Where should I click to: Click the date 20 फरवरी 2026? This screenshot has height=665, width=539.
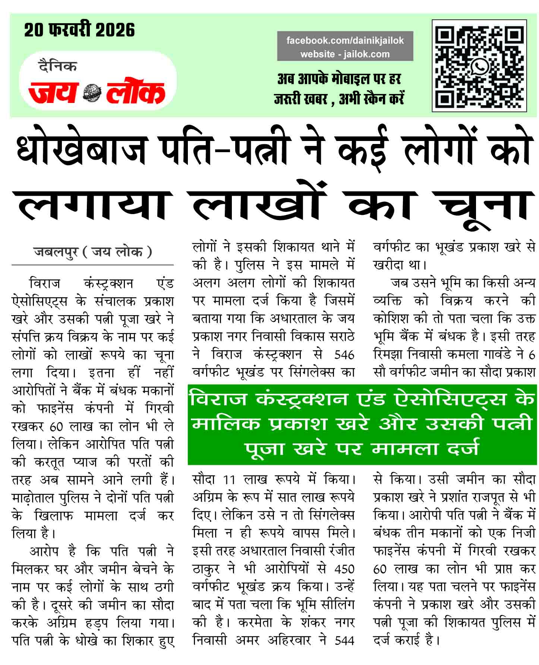[79, 30]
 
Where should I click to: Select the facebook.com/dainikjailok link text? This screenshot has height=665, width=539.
[345, 41]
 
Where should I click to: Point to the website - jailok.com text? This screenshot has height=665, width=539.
[345, 54]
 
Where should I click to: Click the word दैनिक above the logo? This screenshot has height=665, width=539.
[57, 66]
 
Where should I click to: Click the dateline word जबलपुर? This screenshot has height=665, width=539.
[56, 252]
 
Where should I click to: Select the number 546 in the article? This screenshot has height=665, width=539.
[344, 354]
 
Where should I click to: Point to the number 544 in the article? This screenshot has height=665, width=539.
[344, 640]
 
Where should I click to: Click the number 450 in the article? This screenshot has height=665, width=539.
[344, 569]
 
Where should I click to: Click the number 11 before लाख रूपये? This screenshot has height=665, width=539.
[229, 480]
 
